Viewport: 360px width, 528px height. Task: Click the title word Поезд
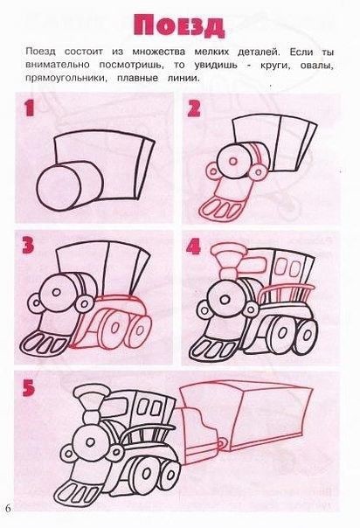(178, 26)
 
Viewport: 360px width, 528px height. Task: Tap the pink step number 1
(29, 108)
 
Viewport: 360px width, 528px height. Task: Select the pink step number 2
(194, 108)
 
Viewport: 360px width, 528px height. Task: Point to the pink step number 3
(28, 245)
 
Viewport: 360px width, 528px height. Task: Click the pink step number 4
(193, 247)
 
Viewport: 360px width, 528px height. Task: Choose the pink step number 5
(29, 388)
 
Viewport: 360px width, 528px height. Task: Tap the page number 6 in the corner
(8, 508)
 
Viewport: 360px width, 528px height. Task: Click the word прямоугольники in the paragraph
(66, 79)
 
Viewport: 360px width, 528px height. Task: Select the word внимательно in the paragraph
(58, 65)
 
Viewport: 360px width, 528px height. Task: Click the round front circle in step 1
(59, 187)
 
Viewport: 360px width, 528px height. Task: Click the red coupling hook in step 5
(221, 442)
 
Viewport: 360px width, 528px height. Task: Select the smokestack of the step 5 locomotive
(91, 406)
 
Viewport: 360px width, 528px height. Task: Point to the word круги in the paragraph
(275, 65)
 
